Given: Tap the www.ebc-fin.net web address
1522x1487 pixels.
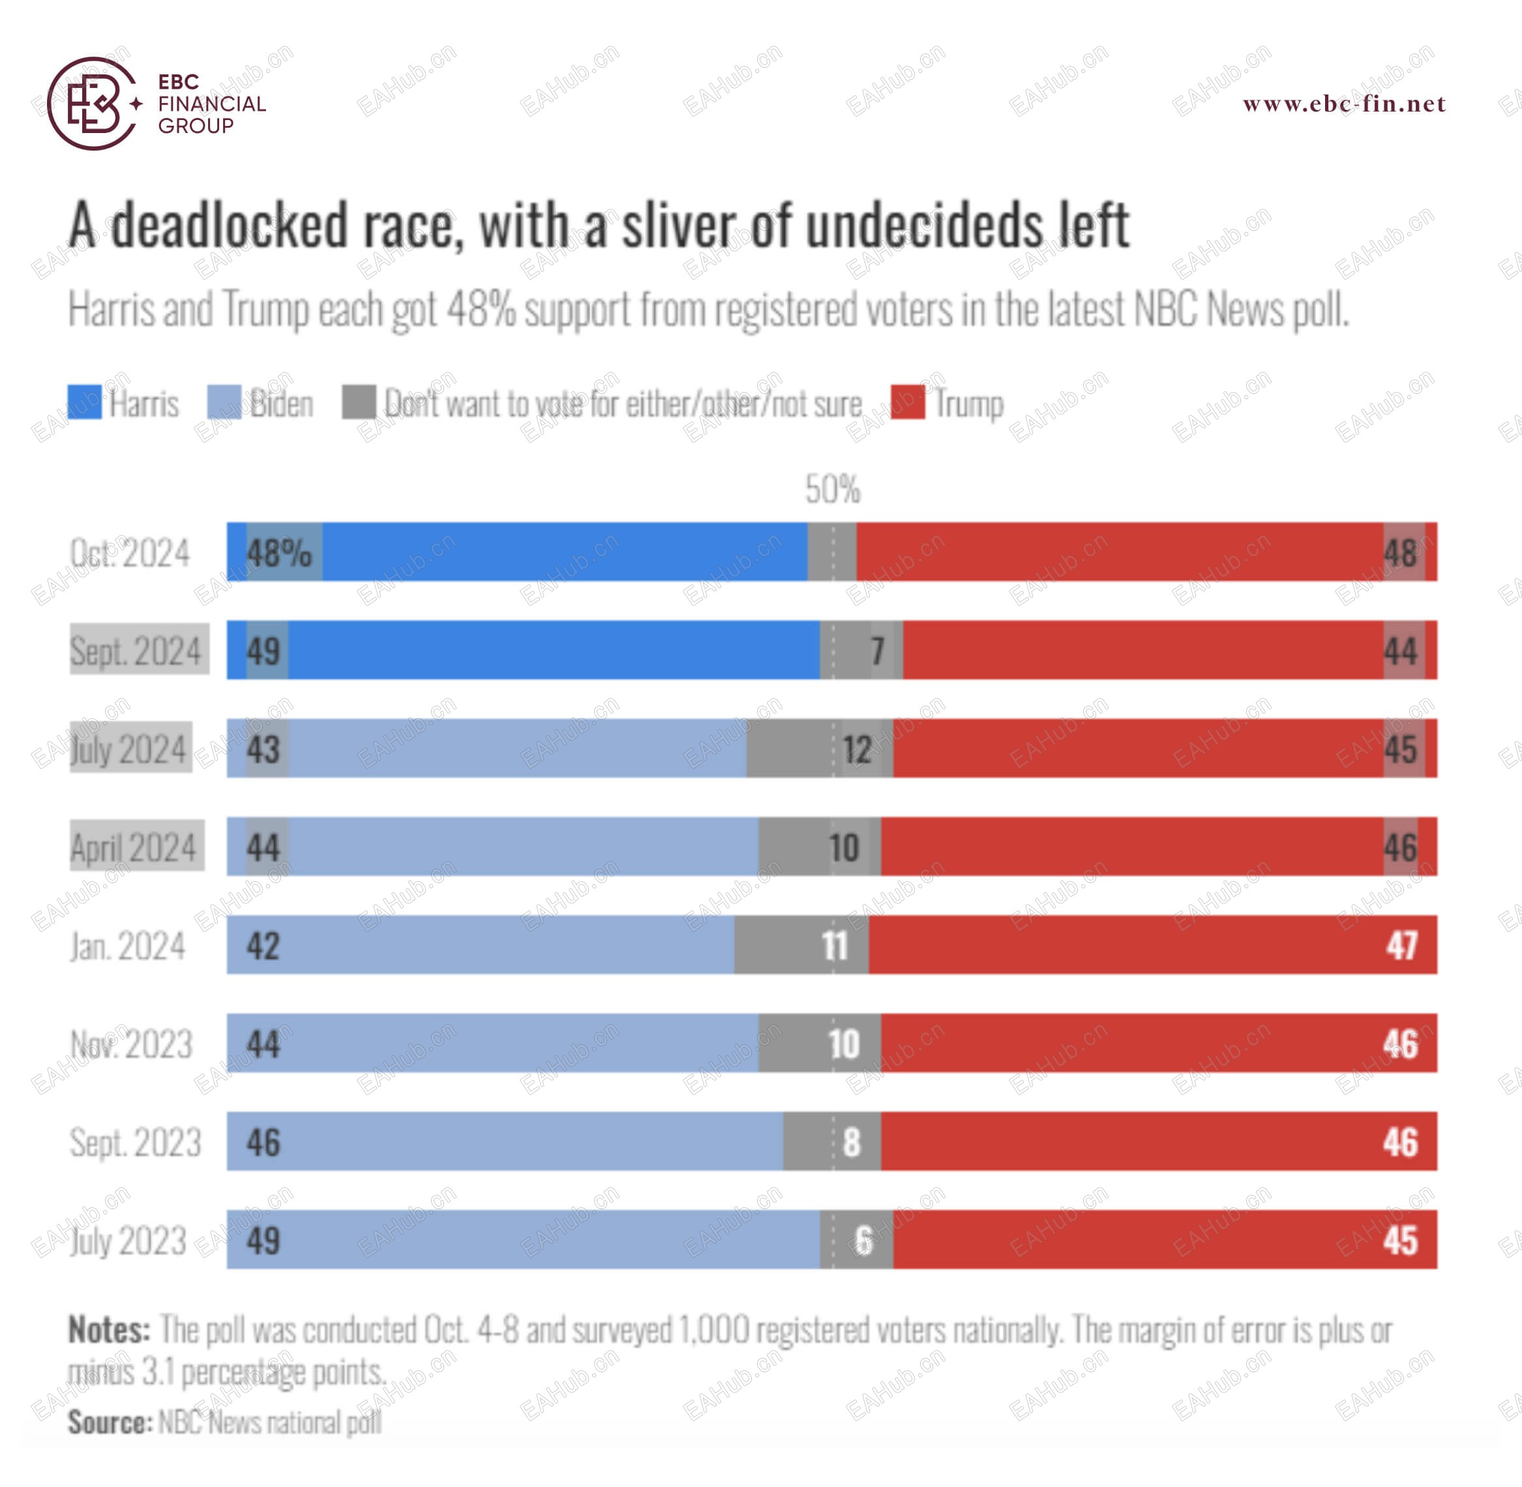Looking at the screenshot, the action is click(x=1344, y=104).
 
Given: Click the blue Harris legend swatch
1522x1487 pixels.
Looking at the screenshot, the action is click(x=84, y=402).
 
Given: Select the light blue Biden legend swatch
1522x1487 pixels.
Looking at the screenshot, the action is click(x=224, y=402).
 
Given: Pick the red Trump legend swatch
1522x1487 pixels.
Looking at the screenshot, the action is click(x=908, y=402).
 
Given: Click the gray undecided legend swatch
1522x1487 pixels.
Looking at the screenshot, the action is click(x=359, y=402).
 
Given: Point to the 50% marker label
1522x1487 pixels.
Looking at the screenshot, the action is click(x=833, y=490).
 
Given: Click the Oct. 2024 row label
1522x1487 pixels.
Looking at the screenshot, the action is click(x=130, y=553).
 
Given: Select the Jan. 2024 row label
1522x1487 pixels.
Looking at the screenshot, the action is click(x=128, y=946).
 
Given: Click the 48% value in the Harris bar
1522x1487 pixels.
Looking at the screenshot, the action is click(x=279, y=553).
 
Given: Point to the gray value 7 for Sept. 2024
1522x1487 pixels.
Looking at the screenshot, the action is click(x=878, y=651).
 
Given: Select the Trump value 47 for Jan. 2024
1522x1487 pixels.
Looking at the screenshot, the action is click(x=1402, y=946).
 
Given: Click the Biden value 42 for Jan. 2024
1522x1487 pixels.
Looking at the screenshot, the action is click(x=263, y=946).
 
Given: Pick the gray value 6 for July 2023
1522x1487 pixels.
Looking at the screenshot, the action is click(x=863, y=1240).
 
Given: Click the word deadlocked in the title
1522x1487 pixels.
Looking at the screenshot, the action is click(x=228, y=226).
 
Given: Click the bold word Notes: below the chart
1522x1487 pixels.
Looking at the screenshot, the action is click(x=110, y=1329).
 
